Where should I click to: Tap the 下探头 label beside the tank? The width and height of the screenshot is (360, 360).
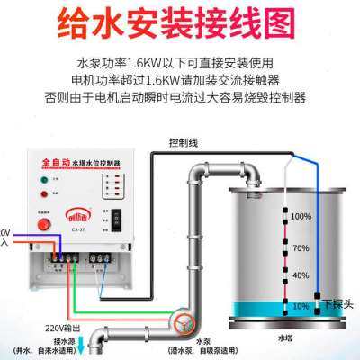pos(338,303)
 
